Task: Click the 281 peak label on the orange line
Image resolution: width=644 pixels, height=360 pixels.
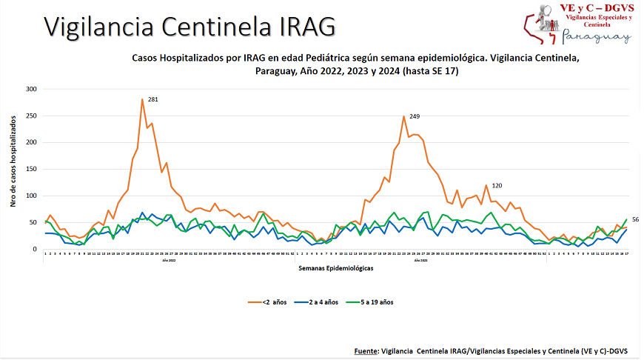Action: click(153, 99)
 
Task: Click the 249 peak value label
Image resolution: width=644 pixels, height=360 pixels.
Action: click(415, 116)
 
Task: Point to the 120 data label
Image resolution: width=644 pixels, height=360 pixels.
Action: click(497, 185)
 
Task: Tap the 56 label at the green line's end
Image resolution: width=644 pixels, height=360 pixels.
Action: click(635, 219)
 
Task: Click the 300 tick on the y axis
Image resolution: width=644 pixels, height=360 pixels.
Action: click(31, 89)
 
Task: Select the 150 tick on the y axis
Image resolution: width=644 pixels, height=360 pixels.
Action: click(31, 169)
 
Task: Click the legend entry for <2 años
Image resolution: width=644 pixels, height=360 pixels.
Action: click(269, 302)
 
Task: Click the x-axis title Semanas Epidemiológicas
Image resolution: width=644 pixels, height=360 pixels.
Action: click(336, 268)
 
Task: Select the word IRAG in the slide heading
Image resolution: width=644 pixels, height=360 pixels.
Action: click(307, 27)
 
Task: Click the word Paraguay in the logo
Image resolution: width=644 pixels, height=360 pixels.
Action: click(597, 37)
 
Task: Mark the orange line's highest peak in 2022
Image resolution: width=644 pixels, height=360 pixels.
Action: click(142, 99)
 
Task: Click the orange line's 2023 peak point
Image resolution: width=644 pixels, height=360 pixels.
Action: click(404, 116)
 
